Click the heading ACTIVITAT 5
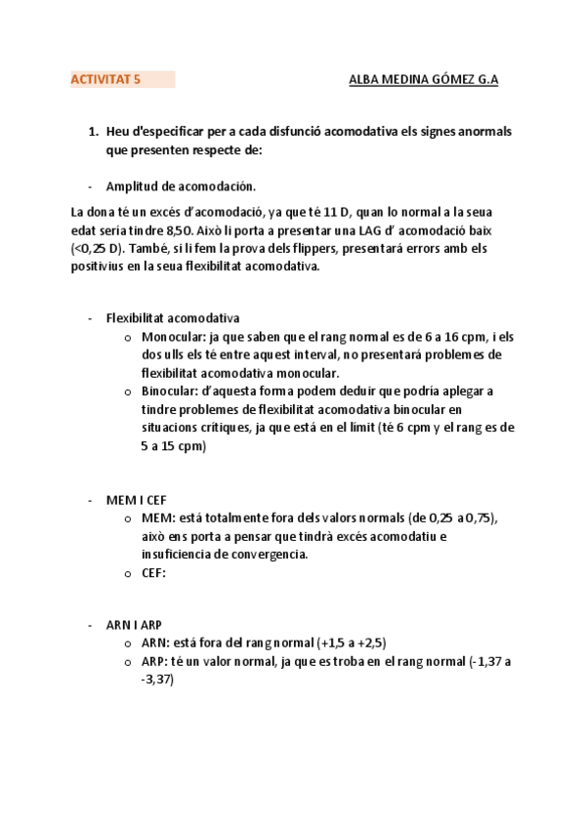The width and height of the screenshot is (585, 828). (105, 81)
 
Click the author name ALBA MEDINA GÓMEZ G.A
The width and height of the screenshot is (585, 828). (423, 81)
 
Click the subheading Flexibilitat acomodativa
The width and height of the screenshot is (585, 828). (172, 318)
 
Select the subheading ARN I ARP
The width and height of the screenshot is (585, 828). (136, 624)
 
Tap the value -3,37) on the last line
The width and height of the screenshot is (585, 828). (157, 680)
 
